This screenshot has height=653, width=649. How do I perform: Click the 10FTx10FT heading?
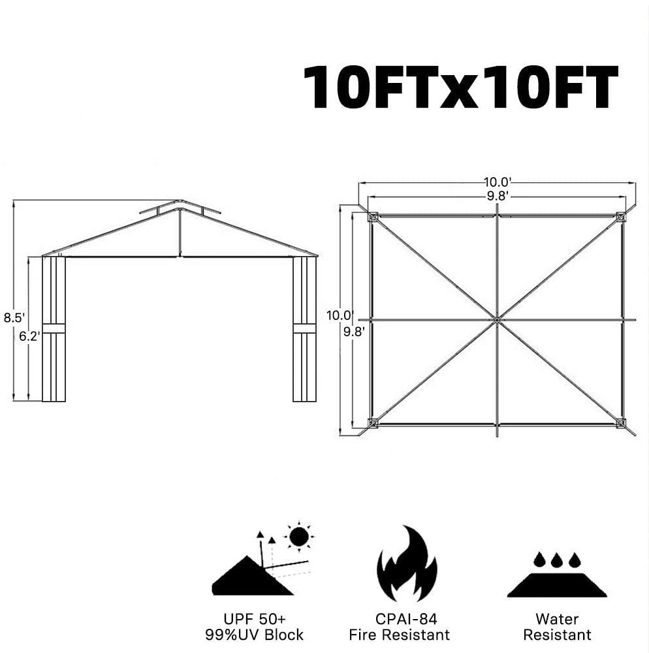coord(460,87)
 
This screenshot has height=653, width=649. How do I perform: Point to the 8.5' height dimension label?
coord(14,318)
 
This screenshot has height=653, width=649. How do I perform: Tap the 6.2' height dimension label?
coord(29,336)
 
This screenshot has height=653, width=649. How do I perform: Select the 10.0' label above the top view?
coord(498,182)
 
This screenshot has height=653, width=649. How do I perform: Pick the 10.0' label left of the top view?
coord(340,315)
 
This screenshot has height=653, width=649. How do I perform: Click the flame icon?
coord(407,564)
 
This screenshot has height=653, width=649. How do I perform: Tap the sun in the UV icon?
coord(298,537)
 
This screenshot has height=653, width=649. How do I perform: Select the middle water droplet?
coord(556,560)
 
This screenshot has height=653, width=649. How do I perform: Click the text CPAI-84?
coord(406,619)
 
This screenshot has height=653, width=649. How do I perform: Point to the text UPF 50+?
coord(255,618)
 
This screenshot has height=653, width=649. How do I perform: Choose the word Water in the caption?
coord(557,619)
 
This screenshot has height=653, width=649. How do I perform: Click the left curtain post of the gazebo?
coord(54,328)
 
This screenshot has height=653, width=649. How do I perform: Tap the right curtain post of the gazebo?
coord(304,328)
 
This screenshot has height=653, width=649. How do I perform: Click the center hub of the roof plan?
coord(497,319)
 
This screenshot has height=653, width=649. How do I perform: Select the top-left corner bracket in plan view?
coord(372,217)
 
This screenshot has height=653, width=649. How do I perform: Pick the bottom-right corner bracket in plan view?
coord(621,423)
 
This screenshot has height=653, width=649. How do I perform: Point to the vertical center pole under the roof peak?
coord(180,232)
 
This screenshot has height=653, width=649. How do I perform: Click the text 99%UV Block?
coord(254,635)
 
